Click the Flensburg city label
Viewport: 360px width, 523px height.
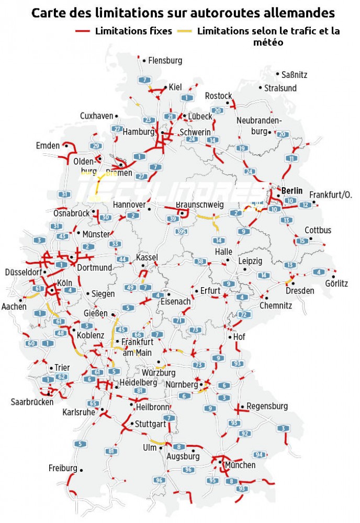click(165, 61)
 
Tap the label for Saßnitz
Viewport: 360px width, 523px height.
click(294, 75)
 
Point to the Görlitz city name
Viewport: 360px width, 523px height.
click(336, 284)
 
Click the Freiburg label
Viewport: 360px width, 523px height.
click(63, 468)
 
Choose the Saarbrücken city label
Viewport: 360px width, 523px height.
click(32, 402)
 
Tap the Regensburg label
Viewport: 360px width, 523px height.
click(267, 406)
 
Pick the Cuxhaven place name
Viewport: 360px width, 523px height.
click(96, 116)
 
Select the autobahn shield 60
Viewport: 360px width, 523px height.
click(31, 343)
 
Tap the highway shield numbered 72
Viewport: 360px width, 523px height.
click(243, 314)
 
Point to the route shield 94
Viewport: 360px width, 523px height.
click(260, 454)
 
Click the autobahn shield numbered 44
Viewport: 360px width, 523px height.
click(123, 259)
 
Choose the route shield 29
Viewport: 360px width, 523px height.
click(95, 146)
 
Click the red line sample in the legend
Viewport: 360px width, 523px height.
click(83, 31)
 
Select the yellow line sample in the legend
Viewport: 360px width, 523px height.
click(185, 31)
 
